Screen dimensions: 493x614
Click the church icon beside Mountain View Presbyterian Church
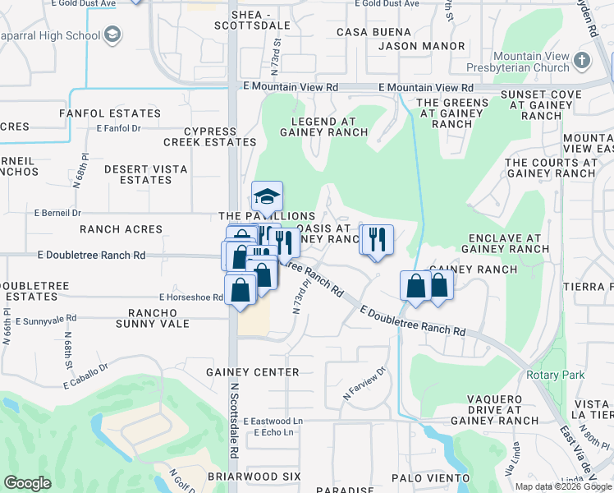point(582,60)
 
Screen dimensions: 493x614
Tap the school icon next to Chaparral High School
point(112,35)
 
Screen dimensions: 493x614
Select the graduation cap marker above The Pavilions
point(267,196)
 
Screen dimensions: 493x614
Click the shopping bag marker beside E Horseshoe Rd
point(240,290)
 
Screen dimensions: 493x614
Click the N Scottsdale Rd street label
point(234,429)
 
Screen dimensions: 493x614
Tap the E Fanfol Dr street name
point(119,128)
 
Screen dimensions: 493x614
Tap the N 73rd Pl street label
point(300,299)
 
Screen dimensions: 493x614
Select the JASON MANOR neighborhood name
point(415,46)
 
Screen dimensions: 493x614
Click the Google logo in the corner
point(27,483)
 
